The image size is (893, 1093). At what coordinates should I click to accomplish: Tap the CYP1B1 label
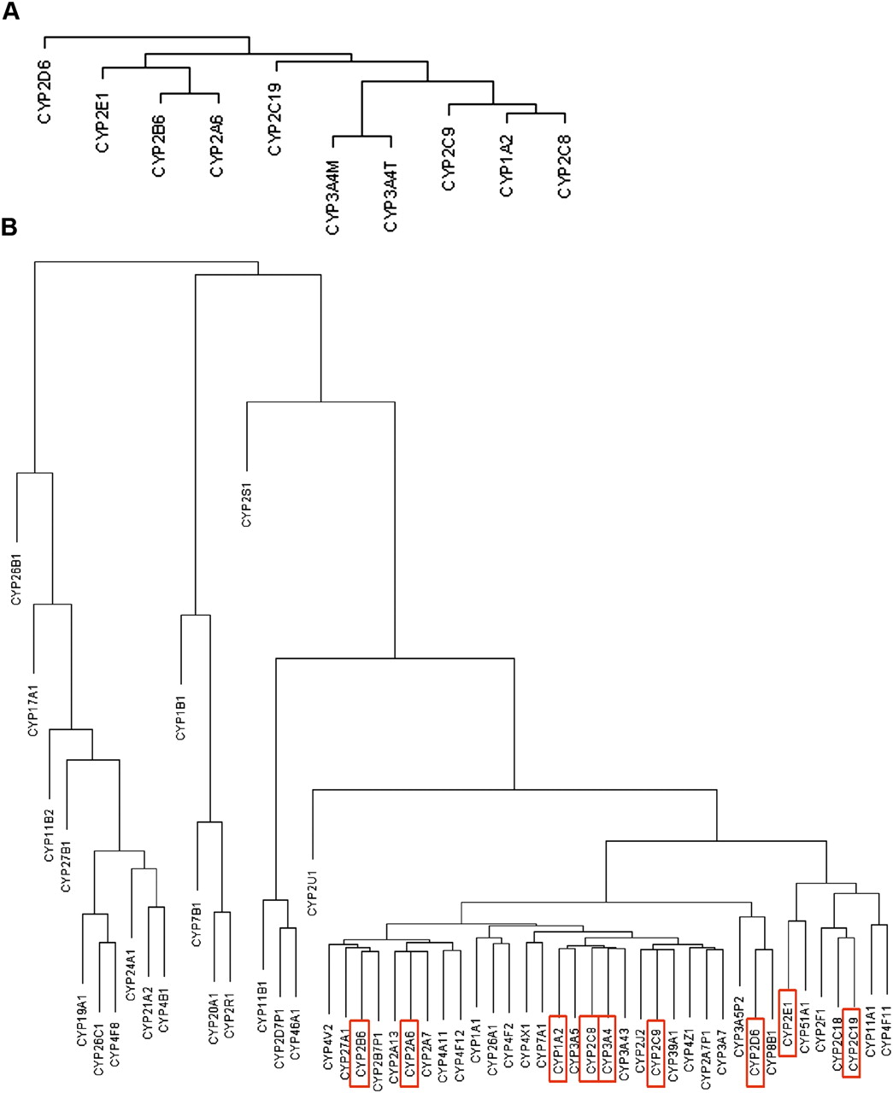click(180, 713)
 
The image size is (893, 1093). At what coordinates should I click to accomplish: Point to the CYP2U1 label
click(312, 888)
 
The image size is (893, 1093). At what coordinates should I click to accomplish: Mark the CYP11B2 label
click(50, 835)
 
